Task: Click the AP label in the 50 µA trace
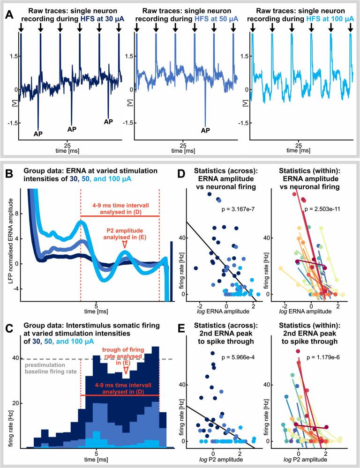[x=206, y=130]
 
